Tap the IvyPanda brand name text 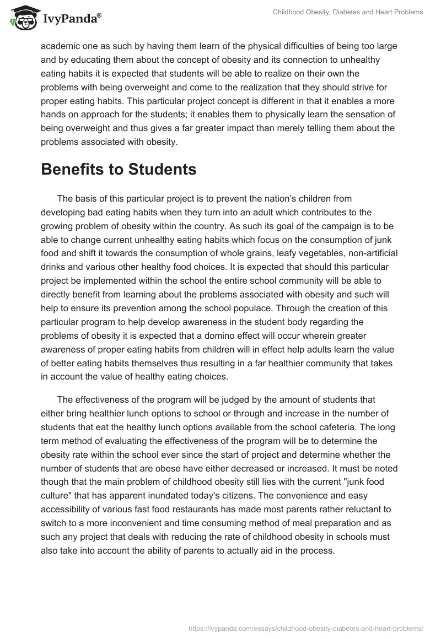pos(71,19)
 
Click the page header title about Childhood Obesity pos(348,12)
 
